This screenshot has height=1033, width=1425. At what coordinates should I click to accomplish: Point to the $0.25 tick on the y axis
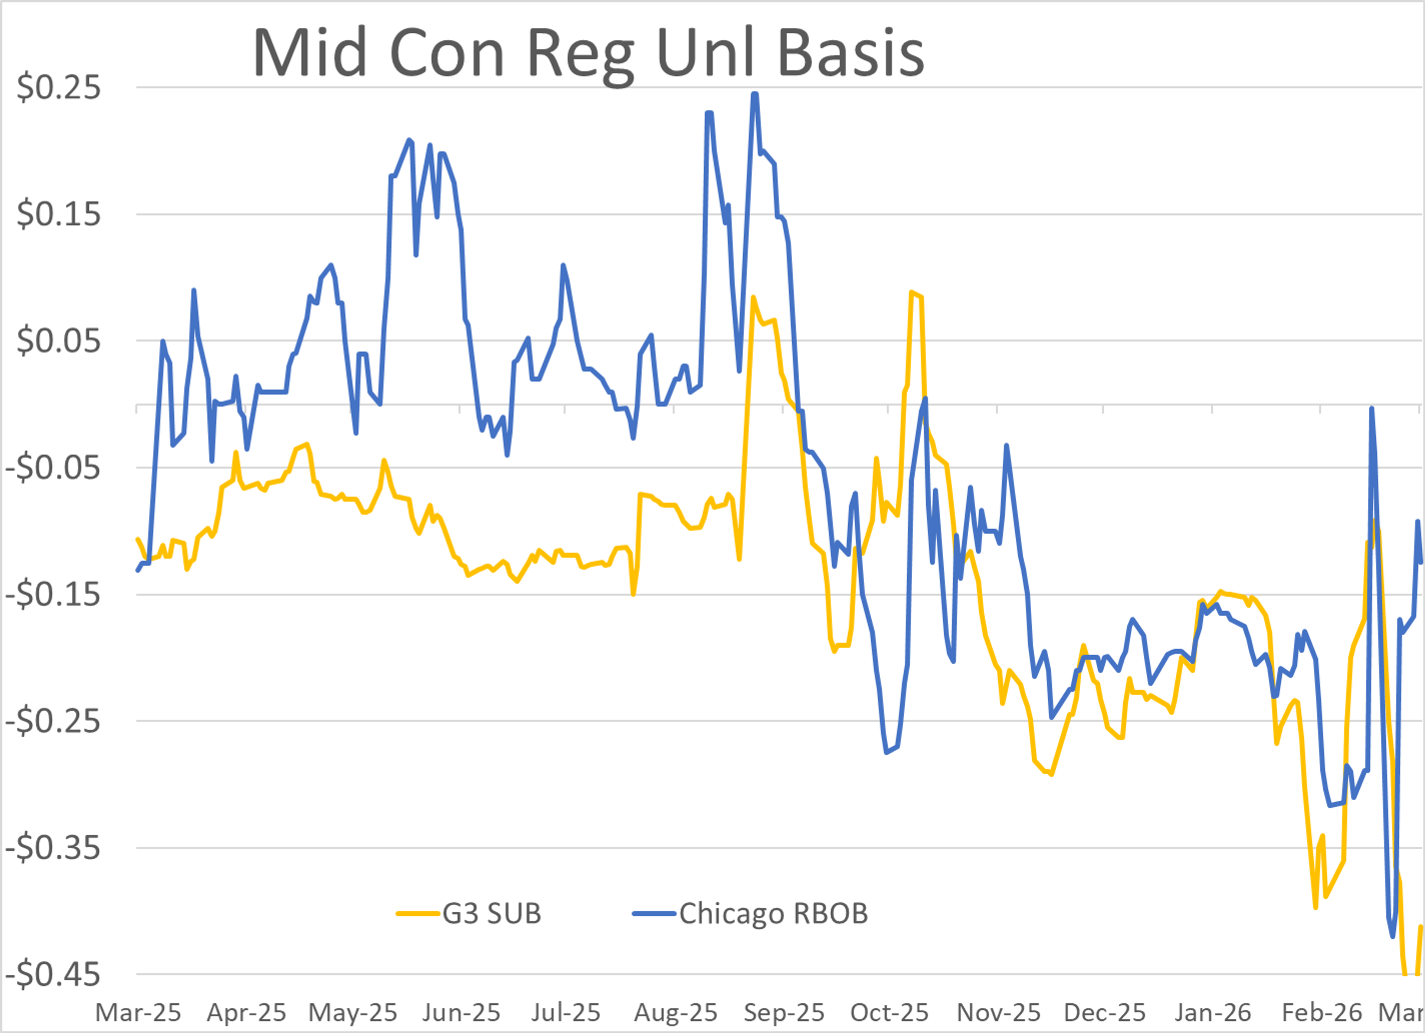pos(58,87)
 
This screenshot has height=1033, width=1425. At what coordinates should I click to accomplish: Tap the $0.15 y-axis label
pos(58,214)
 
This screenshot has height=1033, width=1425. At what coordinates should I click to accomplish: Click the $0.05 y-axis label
pos(58,341)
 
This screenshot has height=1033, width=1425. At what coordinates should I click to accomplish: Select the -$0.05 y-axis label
pos(53,468)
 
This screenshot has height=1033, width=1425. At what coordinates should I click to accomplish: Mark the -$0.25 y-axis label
pos(53,721)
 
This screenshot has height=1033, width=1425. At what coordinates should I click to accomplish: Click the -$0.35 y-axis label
pos(53,848)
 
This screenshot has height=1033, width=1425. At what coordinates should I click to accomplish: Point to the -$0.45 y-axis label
pos(53,975)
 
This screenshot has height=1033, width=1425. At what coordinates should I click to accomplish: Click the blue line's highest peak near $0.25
pos(754,94)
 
